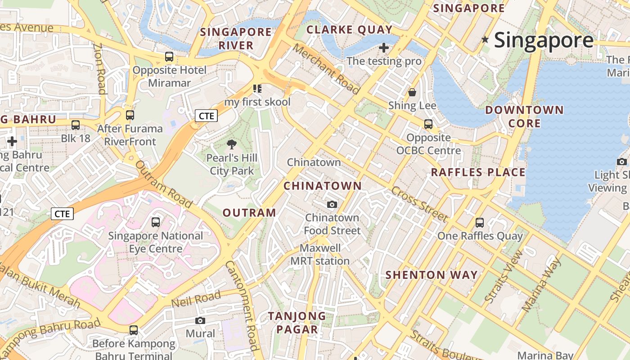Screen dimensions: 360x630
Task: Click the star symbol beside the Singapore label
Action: coord(485,40)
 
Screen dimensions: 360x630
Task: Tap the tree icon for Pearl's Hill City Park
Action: coord(232,144)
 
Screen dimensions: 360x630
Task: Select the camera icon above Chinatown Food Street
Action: coord(332,204)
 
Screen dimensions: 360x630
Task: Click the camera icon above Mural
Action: coord(200,320)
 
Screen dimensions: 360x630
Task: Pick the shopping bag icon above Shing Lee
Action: coord(412,93)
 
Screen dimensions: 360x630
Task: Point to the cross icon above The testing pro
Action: coord(384,47)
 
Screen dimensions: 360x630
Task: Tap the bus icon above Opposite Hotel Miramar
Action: coord(169,57)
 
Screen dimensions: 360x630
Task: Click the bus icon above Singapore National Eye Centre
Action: coord(156,222)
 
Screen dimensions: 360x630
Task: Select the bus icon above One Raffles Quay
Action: coord(480,222)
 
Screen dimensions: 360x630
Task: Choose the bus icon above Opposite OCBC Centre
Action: coord(428,124)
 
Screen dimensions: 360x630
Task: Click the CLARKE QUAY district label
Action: coord(350,30)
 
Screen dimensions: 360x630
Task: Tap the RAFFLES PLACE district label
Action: coord(478,172)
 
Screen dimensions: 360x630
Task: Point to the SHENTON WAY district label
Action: coord(432,275)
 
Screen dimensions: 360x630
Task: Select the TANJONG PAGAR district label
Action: coord(297,322)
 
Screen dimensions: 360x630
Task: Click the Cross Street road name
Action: coord(419,204)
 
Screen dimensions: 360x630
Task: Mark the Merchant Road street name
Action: coord(327,69)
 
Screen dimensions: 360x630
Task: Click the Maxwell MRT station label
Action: coord(320,255)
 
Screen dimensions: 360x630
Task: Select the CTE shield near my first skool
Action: coord(207,116)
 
